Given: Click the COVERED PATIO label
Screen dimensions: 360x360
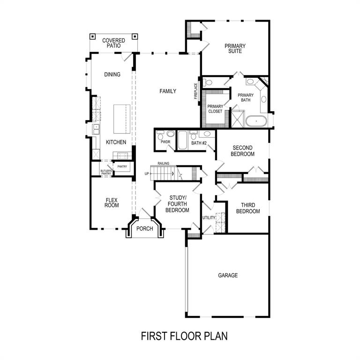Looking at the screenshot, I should pyautogui.click(x=113, y=43).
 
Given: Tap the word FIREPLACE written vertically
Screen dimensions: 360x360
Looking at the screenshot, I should pyautogui.click(x=196, y=91).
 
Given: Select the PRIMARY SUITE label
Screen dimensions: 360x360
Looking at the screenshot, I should pyautogui.click(x=235, y=48).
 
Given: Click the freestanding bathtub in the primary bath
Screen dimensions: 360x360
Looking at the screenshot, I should pyautogui.click(x=256, y=121).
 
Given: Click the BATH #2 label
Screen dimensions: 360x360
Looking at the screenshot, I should pyautogui.click(x=199, y=143).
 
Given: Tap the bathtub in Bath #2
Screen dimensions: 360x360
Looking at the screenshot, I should pyautogui.click(x=182, y=140).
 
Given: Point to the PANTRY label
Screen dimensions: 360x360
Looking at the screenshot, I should pyautogui.click(x=122, y=166).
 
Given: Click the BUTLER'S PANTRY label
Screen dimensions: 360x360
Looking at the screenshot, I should pyautogui.click(x=106, y=172).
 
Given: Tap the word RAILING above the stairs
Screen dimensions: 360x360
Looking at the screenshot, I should pyautogui.click(x=164, y=163).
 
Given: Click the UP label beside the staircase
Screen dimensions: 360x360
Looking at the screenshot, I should pyautogui.click(x=146, y=173).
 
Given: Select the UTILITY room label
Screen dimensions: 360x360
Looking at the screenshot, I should pyautogui.click(x=209, y=217).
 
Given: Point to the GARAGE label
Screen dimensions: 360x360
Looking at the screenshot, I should pyautogui.click(x=228, y=276).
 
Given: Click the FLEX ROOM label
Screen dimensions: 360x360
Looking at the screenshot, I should pyautogui.click(x=112, y=202).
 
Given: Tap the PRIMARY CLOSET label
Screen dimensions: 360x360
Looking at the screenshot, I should pyautogui.click(x=215, y=109).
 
